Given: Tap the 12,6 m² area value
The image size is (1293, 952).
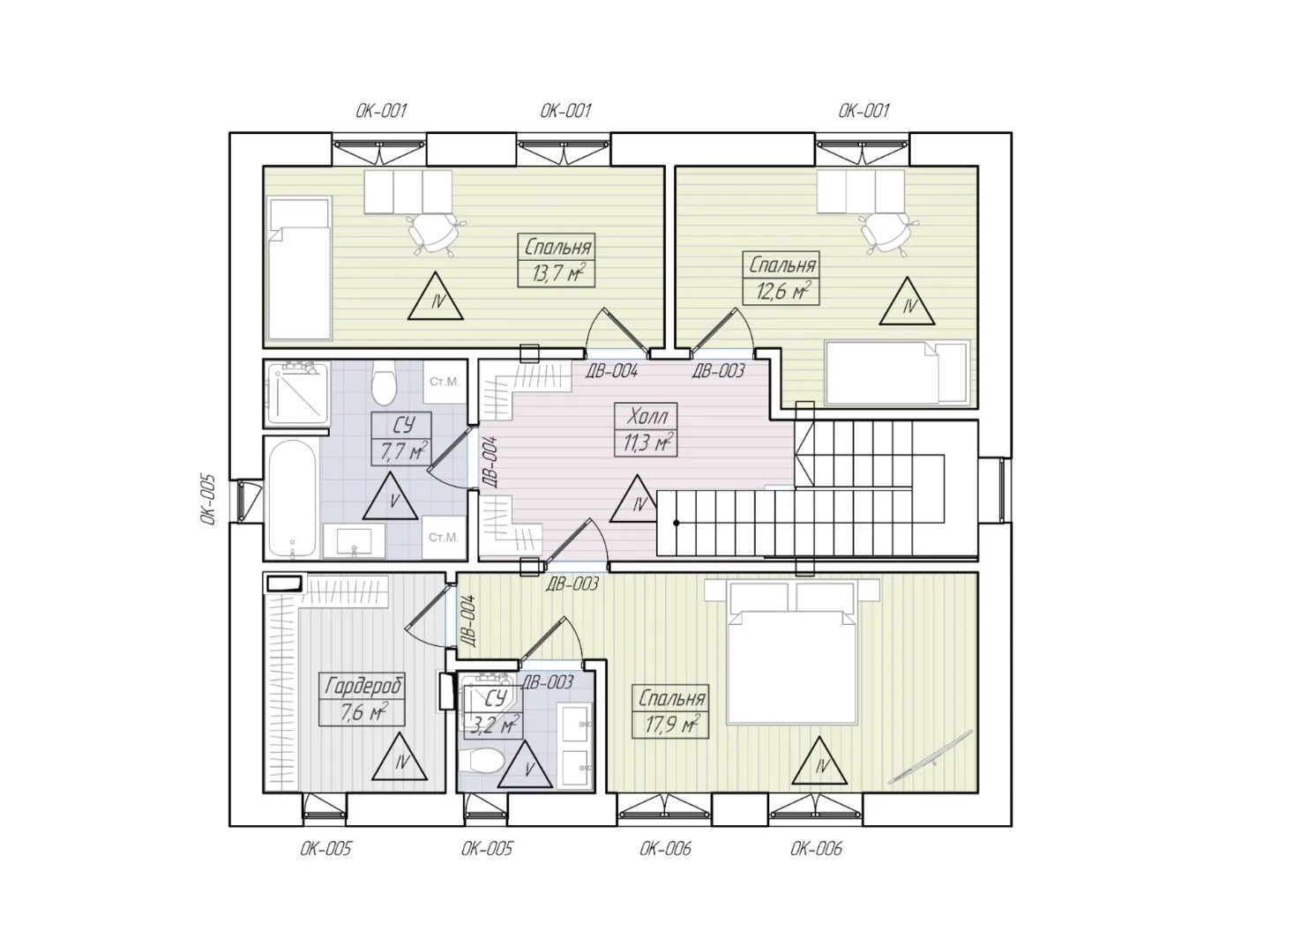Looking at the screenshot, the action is tap(782, 291).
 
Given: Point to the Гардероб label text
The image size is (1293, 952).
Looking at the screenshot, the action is tap(362, 687).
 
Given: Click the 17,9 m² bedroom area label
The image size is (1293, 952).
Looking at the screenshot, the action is tap(671, 724).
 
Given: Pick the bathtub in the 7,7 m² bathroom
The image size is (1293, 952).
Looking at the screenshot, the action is tap(293, 498).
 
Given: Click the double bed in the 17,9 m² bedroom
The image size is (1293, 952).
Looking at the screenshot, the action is tap(792, 652).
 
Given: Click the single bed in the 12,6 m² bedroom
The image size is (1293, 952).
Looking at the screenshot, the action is tap(897, 373).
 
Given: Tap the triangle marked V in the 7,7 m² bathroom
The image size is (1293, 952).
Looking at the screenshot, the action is tap(390, 496).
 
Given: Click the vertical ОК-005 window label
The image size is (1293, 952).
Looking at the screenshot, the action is tap(208, 500).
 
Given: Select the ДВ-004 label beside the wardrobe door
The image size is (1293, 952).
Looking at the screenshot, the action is tap(468, 621).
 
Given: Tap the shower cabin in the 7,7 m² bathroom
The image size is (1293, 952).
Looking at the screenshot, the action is tap(297, 393).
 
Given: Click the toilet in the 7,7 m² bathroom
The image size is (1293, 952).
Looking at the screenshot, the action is tap(384, 383).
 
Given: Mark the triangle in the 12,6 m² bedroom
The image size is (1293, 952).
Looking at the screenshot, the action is tap(908, 301).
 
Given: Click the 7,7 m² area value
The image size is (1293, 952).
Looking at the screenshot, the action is tap(403, 451).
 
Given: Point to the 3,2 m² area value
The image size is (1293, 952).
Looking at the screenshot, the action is tap(494, 725).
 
